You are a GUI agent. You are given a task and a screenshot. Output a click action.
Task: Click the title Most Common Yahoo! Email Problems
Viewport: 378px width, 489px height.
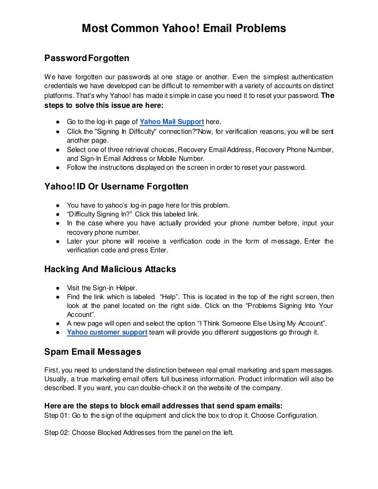184,29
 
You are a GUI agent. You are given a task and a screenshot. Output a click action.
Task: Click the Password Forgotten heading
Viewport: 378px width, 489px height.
87,59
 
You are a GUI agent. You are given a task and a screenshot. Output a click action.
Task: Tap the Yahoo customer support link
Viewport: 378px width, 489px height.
107,332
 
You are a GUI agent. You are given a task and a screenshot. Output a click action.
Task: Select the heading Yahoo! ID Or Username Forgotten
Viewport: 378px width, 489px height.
116,186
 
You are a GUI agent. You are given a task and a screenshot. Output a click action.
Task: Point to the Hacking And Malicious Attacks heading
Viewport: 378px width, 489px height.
110,269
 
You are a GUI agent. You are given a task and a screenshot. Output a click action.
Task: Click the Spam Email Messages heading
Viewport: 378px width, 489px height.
93,352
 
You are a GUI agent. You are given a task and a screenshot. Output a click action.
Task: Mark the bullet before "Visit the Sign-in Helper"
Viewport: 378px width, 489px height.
58,288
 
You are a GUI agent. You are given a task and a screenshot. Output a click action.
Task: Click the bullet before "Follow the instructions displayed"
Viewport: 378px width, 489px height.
58,167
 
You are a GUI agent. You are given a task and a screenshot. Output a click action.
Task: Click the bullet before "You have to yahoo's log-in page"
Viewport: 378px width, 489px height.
58,205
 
